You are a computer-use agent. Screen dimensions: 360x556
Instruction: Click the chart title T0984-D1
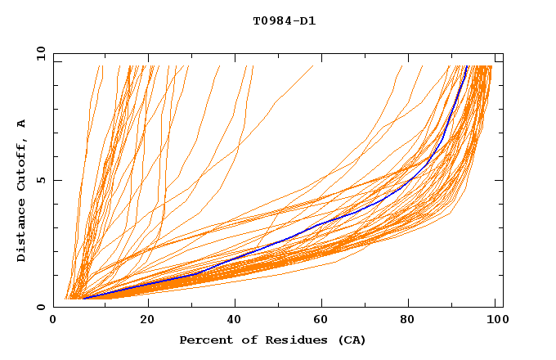[284, 20]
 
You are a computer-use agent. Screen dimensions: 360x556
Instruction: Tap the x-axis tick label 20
[147, 322]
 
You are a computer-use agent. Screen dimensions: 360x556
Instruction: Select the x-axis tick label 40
[235, 322]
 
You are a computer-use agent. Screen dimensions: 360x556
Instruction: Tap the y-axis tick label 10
[40, 53]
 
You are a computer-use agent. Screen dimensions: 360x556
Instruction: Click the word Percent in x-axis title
[204, 340]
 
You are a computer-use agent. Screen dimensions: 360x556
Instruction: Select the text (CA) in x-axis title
[352, 340]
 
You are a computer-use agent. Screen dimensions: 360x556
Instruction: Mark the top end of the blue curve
[467, 66]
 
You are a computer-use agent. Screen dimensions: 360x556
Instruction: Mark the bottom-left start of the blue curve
[83, 298]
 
